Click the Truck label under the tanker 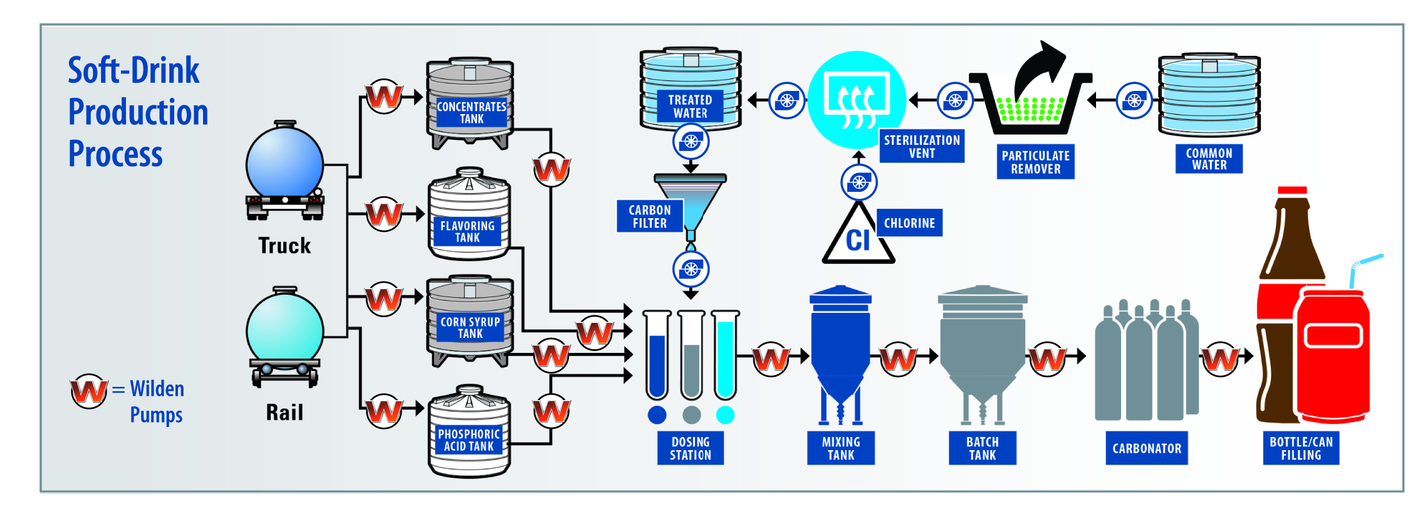(x=284, y=245)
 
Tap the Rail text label (x=284, y=413)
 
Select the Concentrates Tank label (x=471, y=113)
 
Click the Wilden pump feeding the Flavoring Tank (x=384, y=214)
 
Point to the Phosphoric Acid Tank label (x=469, y=440)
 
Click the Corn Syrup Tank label (x=470, y=328)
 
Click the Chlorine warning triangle (x=858, y=236)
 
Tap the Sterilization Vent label (x=921, y=146)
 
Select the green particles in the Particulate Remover (x=1030, y=110)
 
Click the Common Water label (x=1209, y=159)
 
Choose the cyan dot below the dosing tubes (x=725, y=414)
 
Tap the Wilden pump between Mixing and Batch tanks (x=898, y=359)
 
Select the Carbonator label (x=1146, y=448)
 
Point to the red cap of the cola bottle (x=1292, y=191)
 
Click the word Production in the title (x=138, y=112)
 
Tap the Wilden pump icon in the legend (x=88, y=391)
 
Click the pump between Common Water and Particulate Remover (x=1134, y=100)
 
